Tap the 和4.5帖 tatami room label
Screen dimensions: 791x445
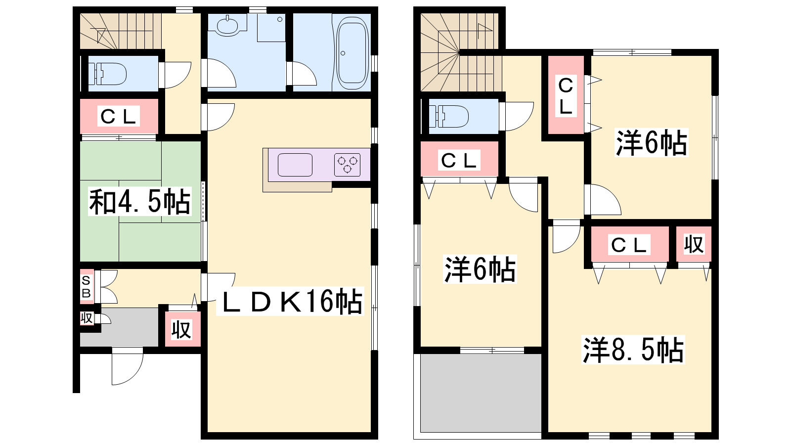[140, 201]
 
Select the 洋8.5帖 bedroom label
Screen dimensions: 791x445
[633, 350]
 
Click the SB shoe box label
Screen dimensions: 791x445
[86, 287]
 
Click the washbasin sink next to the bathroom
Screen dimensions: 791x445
[228, 25]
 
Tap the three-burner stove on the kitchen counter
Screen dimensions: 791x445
[348, 165]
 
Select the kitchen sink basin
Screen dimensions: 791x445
[295, 165]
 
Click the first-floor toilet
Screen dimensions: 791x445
[107, 74]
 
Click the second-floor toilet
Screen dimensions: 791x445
[448, 116]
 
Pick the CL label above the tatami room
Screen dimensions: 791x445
[118, 116]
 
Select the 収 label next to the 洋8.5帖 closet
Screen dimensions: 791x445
[694, 244]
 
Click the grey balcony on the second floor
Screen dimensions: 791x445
[481, 393]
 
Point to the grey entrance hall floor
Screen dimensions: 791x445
[120, 327]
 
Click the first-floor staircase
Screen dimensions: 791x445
[121, 31]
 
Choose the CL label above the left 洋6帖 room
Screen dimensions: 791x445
[459, 161]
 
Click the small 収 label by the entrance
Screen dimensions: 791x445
[87, 318]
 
